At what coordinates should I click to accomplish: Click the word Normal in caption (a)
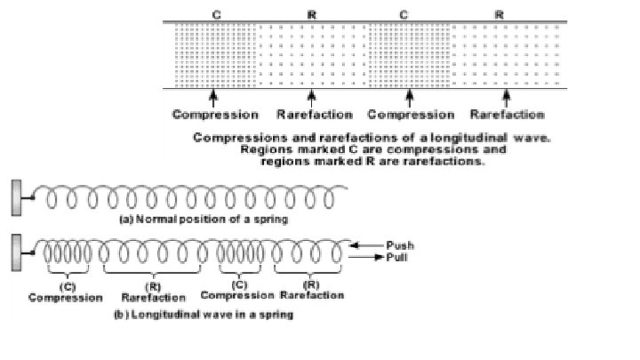tap(155, 218)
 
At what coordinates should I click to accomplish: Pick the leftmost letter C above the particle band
tap(217, 15)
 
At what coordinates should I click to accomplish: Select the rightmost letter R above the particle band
tap(500, 15)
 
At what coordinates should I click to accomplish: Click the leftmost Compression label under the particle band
tap(215, 115)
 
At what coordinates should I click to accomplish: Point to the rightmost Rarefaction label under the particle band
tap(507, 115)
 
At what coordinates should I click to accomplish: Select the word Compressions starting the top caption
tap(237, 139)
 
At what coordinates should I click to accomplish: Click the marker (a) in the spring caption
tap(125, 218)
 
